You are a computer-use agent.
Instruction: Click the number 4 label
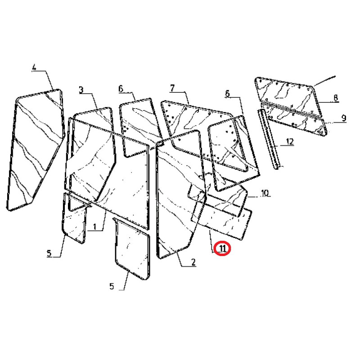34,68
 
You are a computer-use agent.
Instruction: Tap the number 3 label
81,90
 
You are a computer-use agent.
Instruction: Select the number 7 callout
172,88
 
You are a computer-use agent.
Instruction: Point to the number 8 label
336,98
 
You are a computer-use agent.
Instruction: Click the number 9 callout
344,118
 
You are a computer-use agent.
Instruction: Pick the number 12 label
290,142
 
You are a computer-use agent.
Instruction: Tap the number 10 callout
265,193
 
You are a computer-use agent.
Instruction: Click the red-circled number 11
222,248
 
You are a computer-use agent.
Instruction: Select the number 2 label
193,262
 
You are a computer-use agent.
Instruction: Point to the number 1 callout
94,227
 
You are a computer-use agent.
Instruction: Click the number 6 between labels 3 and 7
121,89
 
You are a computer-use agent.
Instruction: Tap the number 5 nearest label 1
49,253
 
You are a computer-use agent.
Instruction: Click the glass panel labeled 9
296,119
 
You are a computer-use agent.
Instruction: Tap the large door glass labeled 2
180,195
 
